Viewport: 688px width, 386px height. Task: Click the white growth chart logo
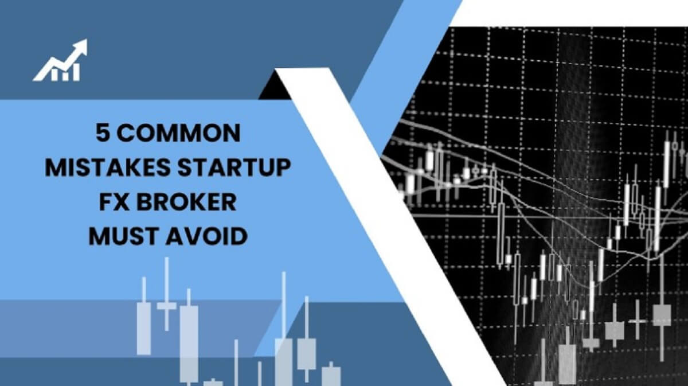coord(60,60)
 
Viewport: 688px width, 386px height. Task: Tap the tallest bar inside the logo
coord(76,72)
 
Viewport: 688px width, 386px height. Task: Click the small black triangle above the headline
coord(275,87)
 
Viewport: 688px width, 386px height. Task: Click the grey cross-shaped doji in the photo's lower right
coord(638,321)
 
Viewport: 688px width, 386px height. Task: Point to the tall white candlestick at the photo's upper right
coord(666,164)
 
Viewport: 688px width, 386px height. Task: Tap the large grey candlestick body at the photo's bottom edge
coord(567,365)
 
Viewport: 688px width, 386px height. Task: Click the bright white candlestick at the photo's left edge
coord(411,184)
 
